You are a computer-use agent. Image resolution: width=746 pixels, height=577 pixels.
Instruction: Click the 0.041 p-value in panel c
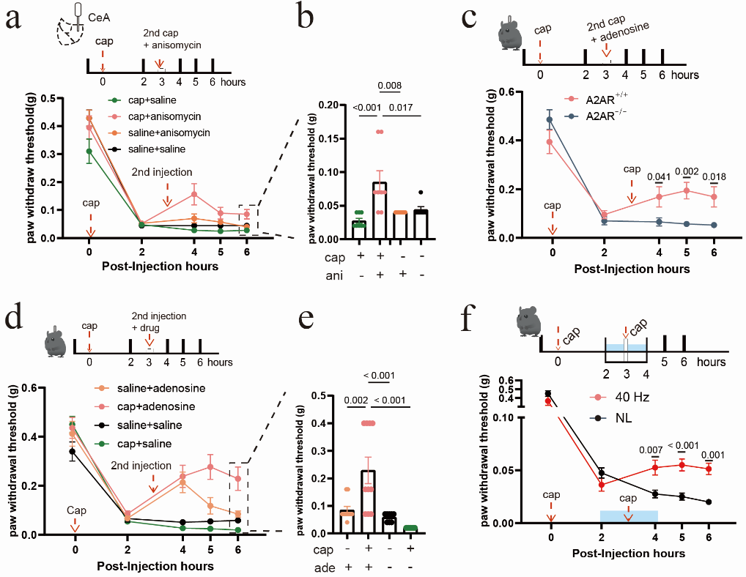click(660, 176)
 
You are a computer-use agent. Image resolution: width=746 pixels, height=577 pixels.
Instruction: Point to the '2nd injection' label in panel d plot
click(141, 466)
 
